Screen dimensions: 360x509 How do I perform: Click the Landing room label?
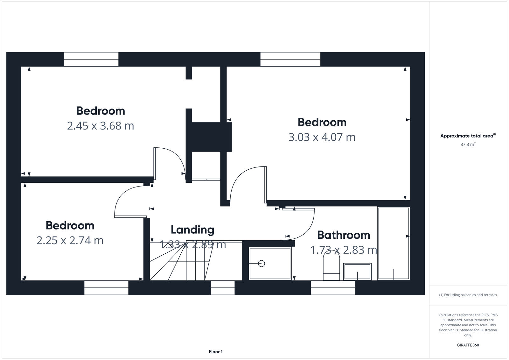[x=192, y=229]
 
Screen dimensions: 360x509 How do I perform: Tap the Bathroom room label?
[x=344, y=235]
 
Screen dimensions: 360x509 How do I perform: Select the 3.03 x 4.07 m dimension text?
[x=322, y=137]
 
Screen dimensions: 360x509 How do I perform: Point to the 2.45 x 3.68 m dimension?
[x=101, y=126]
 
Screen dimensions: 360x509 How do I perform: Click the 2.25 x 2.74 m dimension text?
[x=70, y=240]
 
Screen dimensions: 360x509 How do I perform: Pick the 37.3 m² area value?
[x=468, y=145]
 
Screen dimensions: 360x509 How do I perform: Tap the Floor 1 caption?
[x=216, y=352]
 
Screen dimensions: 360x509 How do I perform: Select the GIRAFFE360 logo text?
[x=468, y=345]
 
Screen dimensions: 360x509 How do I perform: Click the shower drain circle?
[x=261, y=264]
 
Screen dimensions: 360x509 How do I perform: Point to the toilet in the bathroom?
[x=331, y=266]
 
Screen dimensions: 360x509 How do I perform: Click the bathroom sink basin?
[x=357, y=272]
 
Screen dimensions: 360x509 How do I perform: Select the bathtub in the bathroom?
[x=394, y=244]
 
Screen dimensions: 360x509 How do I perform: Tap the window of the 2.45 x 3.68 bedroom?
[x=91, y=59]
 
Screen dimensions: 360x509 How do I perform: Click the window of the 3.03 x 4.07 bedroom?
[x=290, y=59]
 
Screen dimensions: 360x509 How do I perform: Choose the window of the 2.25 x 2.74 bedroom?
[x=106, y=287]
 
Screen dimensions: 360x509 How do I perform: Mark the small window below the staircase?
[x=223, y=287]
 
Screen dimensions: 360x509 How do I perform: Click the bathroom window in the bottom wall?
[x=333, y=287]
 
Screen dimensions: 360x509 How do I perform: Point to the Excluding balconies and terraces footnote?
[x=468, y=295]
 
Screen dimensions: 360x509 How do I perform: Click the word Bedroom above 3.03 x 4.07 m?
[x=322, y=122]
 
